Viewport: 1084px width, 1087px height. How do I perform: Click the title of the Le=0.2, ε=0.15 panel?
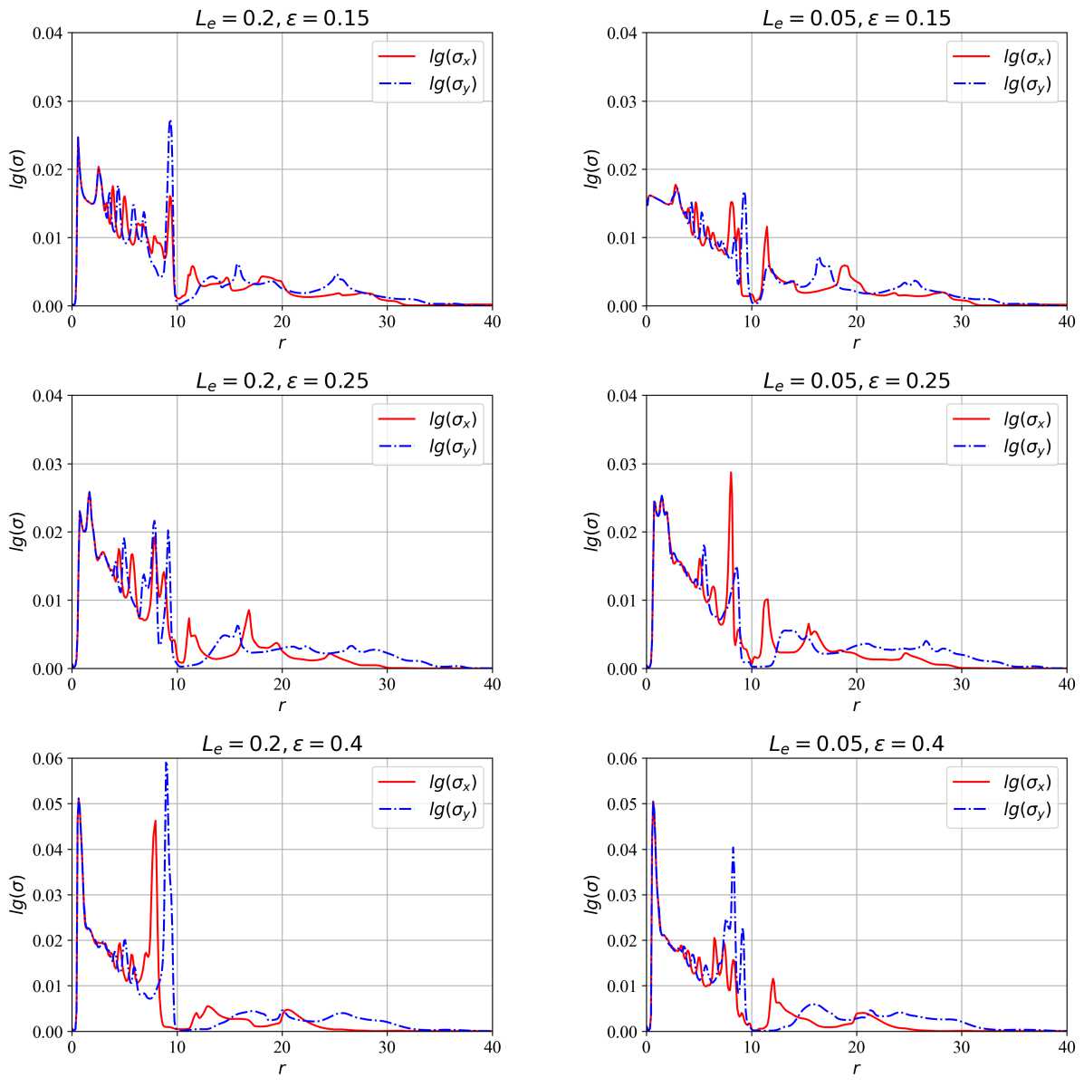coord(282,17)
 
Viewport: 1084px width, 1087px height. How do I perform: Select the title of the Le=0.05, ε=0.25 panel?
coord(856,380)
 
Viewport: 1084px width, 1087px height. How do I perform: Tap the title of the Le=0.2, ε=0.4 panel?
coord(282,744)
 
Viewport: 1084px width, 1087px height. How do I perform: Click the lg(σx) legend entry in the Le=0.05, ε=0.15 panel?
coord(1027,58)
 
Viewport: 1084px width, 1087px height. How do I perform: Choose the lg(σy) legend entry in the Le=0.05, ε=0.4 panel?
coord(1027,811)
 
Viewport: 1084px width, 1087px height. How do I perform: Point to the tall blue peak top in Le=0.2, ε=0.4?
coord(166,764)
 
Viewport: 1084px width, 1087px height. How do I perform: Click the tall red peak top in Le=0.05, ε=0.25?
coord(731,472)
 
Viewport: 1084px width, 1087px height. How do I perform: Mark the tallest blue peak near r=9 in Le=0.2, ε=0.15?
coord(169,120)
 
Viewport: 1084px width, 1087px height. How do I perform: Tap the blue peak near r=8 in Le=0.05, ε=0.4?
coord(733,848)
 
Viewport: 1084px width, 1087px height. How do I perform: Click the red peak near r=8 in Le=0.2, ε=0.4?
coord(156,821)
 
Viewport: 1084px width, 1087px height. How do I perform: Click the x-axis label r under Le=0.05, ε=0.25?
coord(856,705)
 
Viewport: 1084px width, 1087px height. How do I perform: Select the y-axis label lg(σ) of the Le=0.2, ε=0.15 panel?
coord(17,169)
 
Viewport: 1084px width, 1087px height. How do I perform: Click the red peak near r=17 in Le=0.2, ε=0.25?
coord(248,611)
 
